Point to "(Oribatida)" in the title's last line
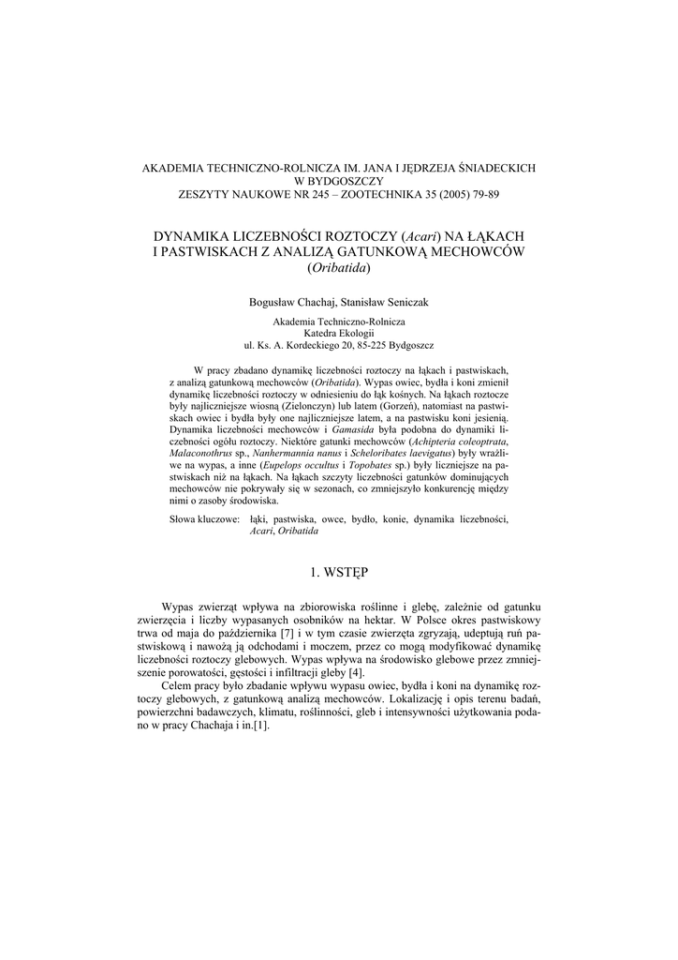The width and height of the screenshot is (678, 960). point(339,268)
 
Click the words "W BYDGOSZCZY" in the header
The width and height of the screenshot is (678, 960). point(339,181)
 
